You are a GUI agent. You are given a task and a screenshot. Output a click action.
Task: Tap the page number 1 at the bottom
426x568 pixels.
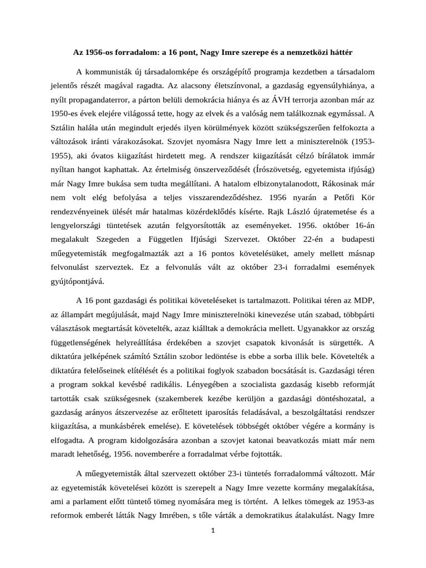(213, 530)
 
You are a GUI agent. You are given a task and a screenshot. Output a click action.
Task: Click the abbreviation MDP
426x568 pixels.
(363, 301)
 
